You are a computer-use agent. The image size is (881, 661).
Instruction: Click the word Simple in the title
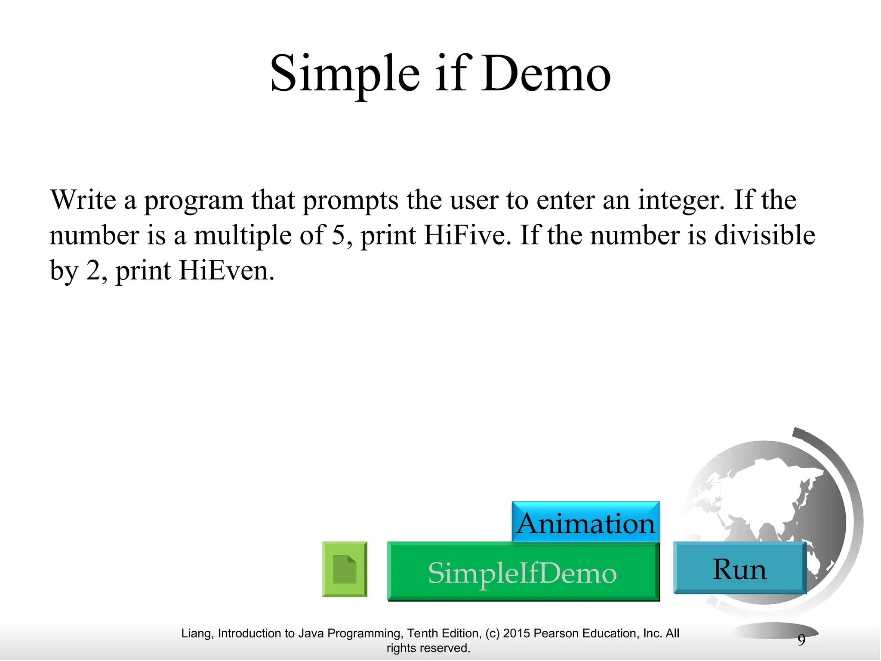pyautogui.click(x=345, y=74)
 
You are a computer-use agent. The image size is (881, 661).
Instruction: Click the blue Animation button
pyautogui.click(x=585, y=523)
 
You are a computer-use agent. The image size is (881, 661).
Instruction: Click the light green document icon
pyautogui.click(x=345, y=569)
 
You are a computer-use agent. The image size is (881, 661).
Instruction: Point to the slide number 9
pyautogui.click(x=801, y=640)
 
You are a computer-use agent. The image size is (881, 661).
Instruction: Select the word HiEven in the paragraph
pyautogui.click(x=226, y=271)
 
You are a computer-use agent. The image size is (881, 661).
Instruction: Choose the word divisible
pyautogui.click(x=764, y=235)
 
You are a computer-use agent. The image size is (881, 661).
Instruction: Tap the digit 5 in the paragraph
pyautogui.click(x=338, y=235)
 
